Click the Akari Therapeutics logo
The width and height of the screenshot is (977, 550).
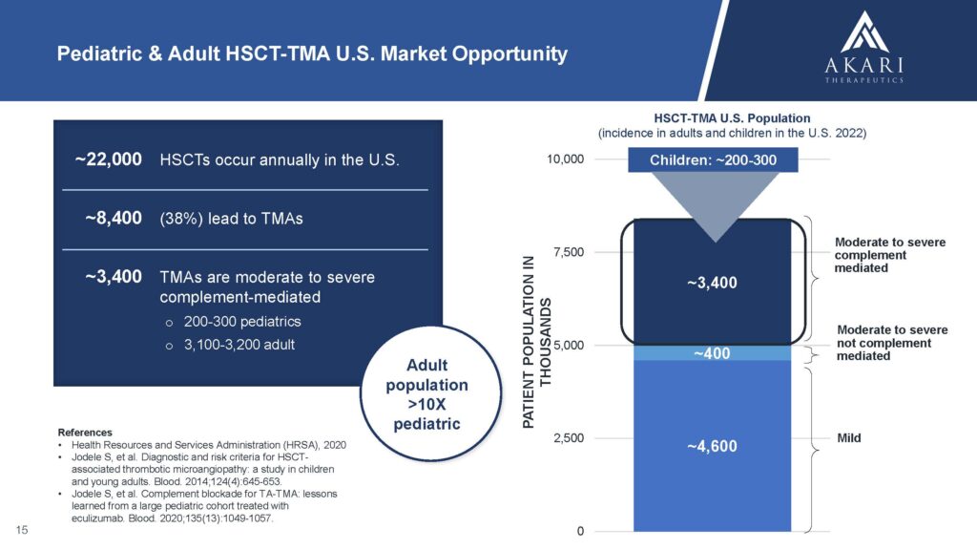[864, 47]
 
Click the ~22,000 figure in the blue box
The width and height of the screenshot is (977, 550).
[109, 159]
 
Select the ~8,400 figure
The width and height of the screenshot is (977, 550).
[114, 219]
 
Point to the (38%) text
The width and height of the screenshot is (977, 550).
[181, 219]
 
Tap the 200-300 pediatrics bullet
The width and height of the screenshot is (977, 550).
[242, 322]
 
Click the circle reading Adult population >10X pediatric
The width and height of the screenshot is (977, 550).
[430, 393]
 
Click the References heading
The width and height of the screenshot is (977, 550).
[85, 433]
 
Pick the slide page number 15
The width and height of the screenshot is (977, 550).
[22, 530]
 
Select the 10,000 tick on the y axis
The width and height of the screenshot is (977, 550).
[565, 159]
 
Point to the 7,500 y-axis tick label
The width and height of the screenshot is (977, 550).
[569, 252]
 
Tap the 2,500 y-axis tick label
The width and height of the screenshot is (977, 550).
[569, 437]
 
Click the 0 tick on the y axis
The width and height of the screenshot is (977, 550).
[580, 531]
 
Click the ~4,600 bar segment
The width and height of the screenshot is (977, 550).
[712, 446]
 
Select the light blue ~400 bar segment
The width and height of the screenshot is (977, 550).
[712, 353]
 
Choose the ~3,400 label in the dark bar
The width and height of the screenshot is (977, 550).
[712, 283]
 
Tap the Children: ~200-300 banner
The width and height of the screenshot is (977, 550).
[713, 160]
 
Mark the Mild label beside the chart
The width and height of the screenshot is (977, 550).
[848, 438]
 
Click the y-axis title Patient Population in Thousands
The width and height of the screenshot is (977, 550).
[536, 343]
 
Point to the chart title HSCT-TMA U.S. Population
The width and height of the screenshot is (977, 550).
[732, 118]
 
